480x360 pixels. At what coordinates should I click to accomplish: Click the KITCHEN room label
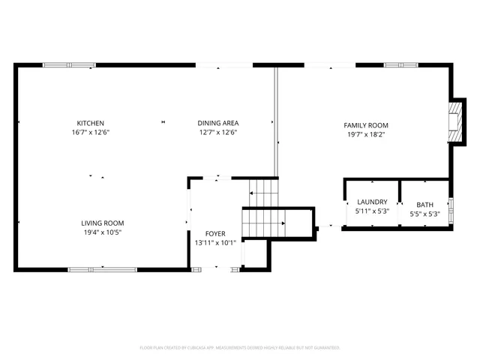point(90,123)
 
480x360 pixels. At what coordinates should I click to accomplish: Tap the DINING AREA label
point(217,123)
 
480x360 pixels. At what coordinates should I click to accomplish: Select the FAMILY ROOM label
point(366,125)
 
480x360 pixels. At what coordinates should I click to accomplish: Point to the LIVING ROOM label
point(103,223)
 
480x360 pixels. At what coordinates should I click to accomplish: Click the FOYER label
point(215,234)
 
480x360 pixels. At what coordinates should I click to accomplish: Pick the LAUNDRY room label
point(372,202)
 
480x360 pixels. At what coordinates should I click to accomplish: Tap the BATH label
point(425,205)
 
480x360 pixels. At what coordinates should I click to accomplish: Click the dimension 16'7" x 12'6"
point(90,132)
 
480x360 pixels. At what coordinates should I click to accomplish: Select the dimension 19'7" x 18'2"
point(366,134)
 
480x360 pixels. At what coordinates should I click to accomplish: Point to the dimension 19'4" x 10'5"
point(103,232)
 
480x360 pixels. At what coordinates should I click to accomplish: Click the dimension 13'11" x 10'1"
point(215,243)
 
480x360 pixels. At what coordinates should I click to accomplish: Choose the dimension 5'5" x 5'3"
point(425,214)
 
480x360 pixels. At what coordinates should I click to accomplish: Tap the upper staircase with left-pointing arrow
point(262,193)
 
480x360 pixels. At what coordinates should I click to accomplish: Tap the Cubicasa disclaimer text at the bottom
point(240,348)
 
